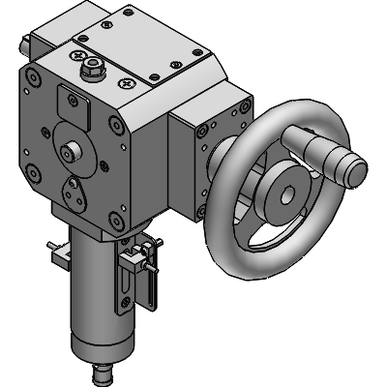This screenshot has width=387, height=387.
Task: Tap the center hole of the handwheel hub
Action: tap(287, 192)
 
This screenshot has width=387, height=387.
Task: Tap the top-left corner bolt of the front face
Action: tap(36, 83)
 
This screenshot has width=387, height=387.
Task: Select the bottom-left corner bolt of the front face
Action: tap(36, 174)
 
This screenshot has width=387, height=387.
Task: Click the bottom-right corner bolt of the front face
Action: tap(117, 223)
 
